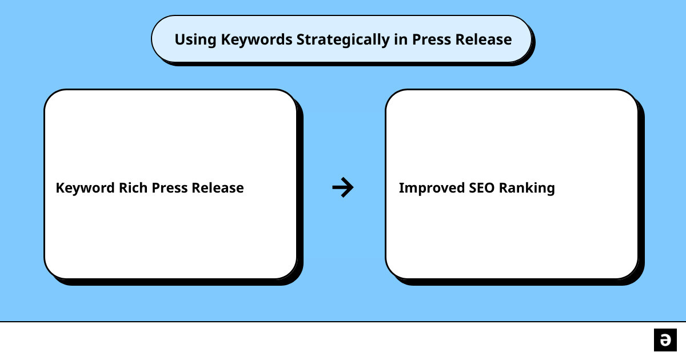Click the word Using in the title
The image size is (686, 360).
tap(196, 40)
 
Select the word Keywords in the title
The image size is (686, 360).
tap(257, 40)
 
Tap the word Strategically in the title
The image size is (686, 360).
tap(343, 40)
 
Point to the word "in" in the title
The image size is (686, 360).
tap(401, 39)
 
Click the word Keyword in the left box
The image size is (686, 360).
tap(85, 188)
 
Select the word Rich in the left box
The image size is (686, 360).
tap(133, 187)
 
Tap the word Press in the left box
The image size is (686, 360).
tap(170, 187)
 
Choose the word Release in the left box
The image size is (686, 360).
tap(218, 187)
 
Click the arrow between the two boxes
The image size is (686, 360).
tap(343, 187)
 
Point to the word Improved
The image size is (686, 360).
tap(432, 188)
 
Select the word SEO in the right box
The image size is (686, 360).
tap(481, 187)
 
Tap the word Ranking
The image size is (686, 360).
tap(527, 188)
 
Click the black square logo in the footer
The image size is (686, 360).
tap(665, 340)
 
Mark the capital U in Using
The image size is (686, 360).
tap(180, 39)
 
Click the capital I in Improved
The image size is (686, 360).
tap(401, 187)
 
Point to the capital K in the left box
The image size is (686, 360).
tap(61, 187)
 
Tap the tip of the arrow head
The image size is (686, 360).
tap(353, 187)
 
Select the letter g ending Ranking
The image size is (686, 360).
tap(551, 190)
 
